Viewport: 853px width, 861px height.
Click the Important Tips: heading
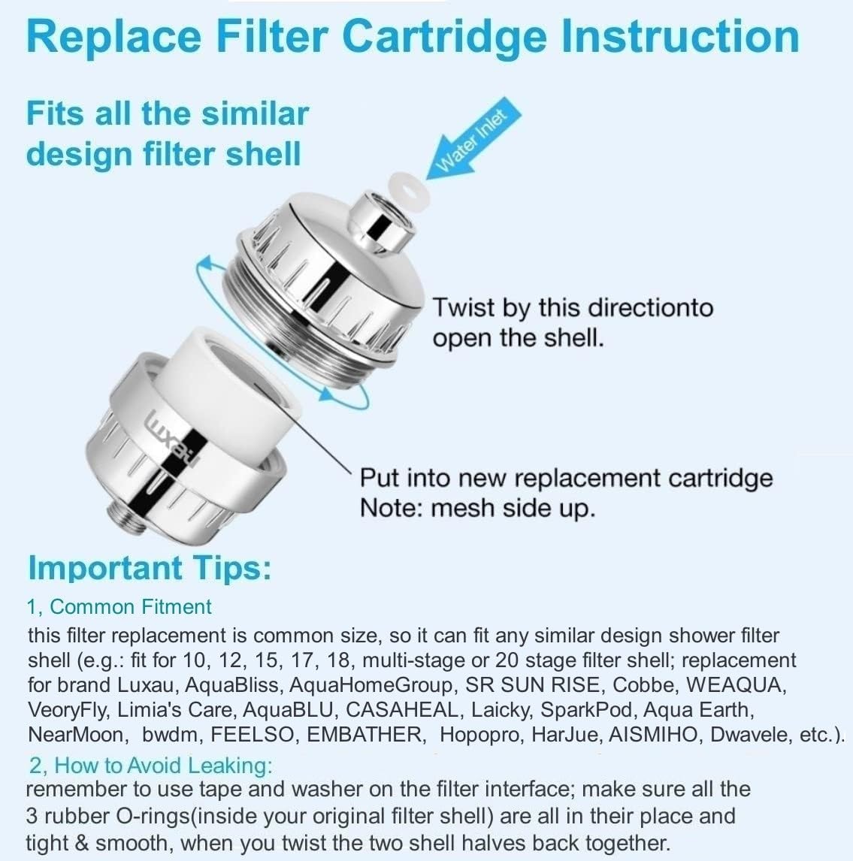(149, 568)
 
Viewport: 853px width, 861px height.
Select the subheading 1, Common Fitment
(119, 607)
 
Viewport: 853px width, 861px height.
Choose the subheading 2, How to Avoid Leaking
(150, 766)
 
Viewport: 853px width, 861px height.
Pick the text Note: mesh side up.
(477, 509)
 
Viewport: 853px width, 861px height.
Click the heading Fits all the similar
(168, 113)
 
